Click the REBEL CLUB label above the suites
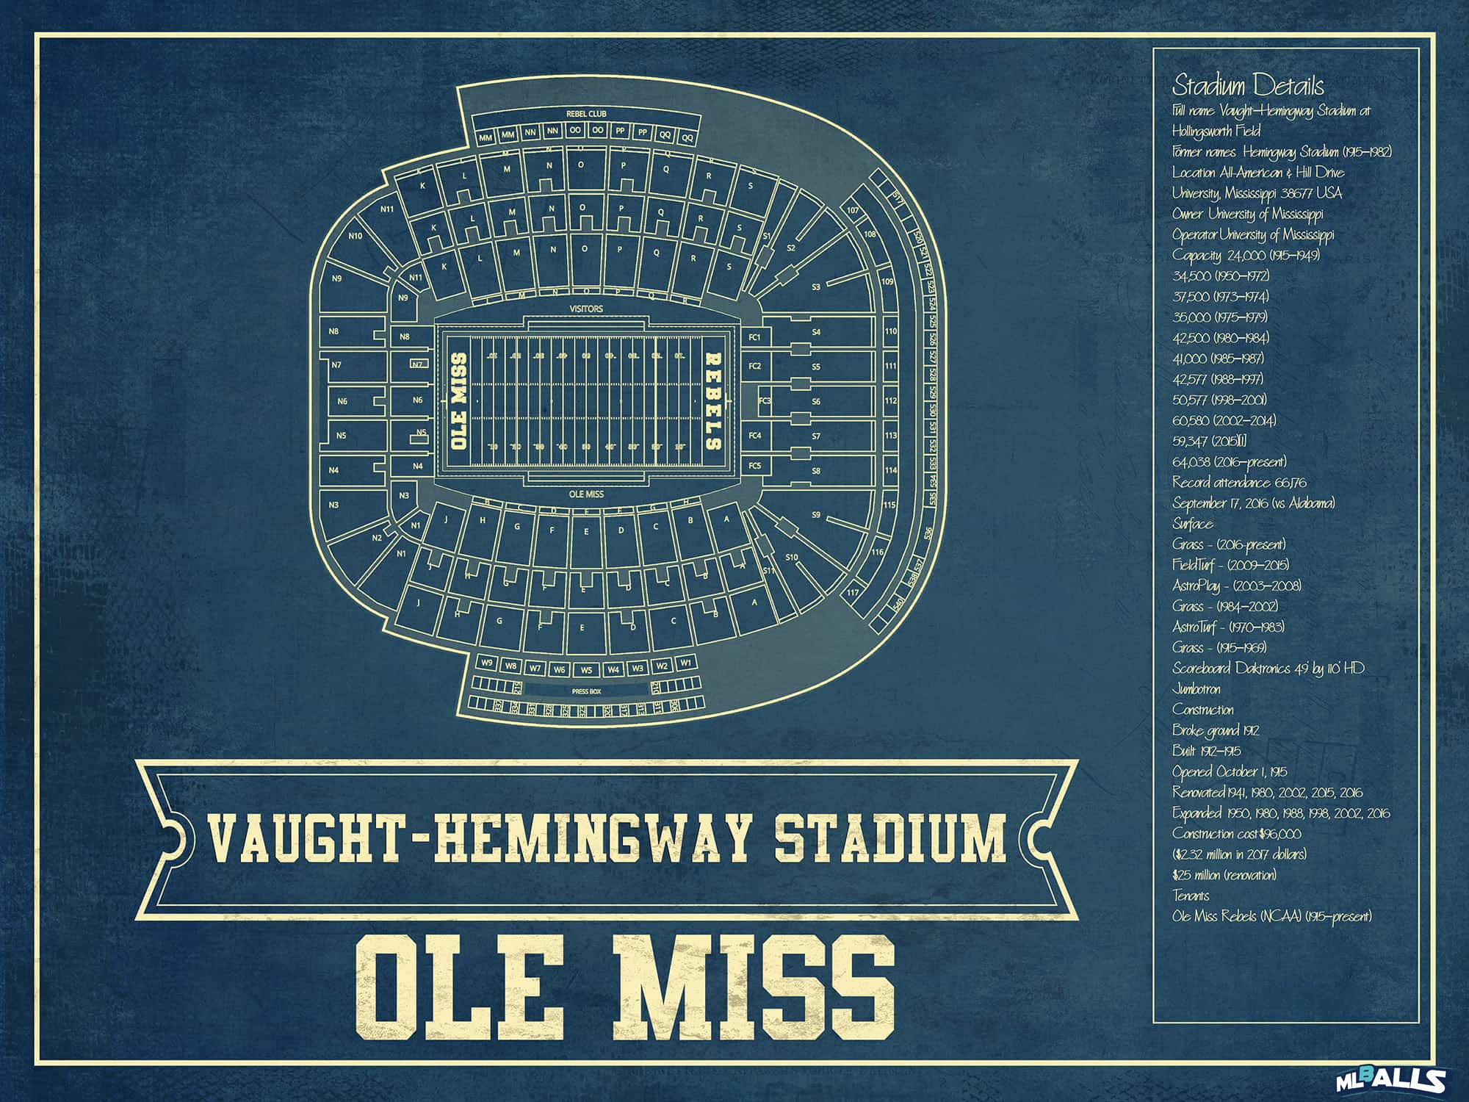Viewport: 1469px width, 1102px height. click(x=585, y=114)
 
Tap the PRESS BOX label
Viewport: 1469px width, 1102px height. click(x=586, y=691)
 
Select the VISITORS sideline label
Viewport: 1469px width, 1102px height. click(x=586, y=309)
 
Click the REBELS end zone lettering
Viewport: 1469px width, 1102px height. click(x=712, y=401)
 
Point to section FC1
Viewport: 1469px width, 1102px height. click(x=754, y=337)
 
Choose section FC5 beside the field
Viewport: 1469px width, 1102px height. click(x=754, y=466)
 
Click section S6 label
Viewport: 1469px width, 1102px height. click(x=815, y=401)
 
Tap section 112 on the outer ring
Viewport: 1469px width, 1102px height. click(x=890, y=401)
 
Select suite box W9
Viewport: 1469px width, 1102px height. click(x=487, y=663)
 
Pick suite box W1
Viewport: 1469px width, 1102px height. click(x=685, y=663)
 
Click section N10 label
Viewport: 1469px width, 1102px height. click(x=355, y=236)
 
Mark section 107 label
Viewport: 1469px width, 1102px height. click(x=852, y=210)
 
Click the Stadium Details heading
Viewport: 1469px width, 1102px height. click(x=1247, y=86)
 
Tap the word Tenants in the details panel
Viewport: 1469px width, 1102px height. click(x=1191, y=896)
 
